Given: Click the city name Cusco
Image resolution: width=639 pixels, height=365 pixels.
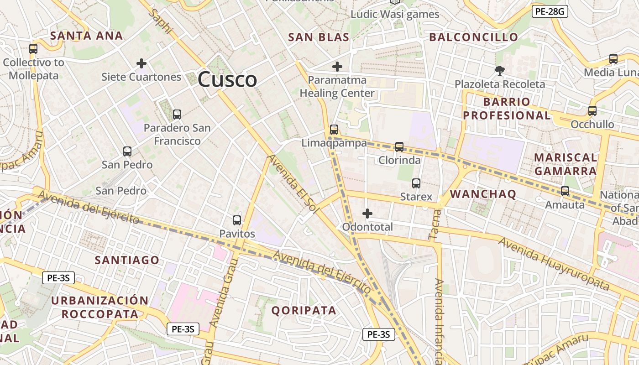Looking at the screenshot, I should tap(227, 79).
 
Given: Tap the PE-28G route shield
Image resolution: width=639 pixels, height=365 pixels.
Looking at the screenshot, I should tap(550, 11).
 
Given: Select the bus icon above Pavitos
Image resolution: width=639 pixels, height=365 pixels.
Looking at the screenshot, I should tap(237, 220).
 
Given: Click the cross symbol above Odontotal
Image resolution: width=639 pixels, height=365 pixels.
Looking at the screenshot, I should tap(367, 213).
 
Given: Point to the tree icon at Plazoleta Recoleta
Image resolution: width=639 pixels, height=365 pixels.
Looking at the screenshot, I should tap(500, 70).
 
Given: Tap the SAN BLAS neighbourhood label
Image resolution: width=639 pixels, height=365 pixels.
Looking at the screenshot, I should tap(319, 37).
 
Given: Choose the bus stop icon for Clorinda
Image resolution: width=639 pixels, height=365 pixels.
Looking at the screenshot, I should tap(399, 147).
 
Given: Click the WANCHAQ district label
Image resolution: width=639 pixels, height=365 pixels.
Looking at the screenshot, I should tap(483, 194).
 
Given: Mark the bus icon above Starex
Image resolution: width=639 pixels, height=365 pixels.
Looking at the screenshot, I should tap(416, 183).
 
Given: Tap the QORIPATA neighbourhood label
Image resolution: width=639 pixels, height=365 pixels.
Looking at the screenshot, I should tap(304, 311).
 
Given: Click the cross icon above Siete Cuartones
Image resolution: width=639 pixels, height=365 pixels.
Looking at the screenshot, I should tap(141, 63).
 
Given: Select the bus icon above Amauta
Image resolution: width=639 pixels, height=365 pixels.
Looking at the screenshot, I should tap(565, 191).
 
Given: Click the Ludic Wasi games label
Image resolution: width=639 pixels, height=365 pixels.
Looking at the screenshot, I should tap(395, 14).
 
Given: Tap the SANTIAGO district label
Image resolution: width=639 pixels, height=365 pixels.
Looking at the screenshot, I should tap(127, 260).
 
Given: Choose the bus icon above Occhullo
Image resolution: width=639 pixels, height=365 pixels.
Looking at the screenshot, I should tap(592, 110).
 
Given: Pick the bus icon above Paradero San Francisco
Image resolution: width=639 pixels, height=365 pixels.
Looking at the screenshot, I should tap(177, 115).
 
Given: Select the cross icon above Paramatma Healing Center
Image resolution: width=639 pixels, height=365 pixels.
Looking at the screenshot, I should tap(337, 67).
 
